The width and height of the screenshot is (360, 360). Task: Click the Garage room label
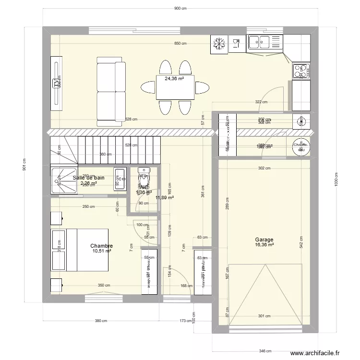264,240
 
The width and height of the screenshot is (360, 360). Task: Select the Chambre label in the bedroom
101,245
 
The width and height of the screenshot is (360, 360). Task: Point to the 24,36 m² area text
175,79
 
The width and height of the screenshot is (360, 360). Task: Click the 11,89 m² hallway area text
165,197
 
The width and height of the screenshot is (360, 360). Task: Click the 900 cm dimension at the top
180,8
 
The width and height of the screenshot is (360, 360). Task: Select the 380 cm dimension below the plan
100,321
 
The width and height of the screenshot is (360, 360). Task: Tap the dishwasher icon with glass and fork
236,44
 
